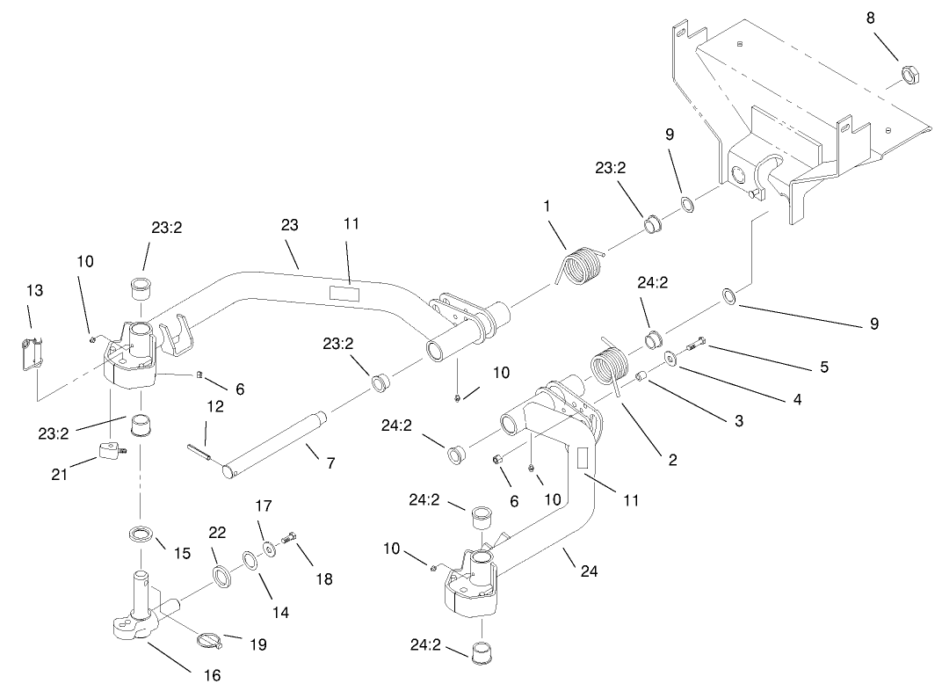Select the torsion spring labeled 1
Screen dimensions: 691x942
point(581,267)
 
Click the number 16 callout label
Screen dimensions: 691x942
point(212,675)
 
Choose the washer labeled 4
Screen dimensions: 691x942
point(670,359)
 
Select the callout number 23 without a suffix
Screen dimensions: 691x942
point(289,226)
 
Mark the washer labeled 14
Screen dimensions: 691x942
point(250,560)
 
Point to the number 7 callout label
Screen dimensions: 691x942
point(330,462)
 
